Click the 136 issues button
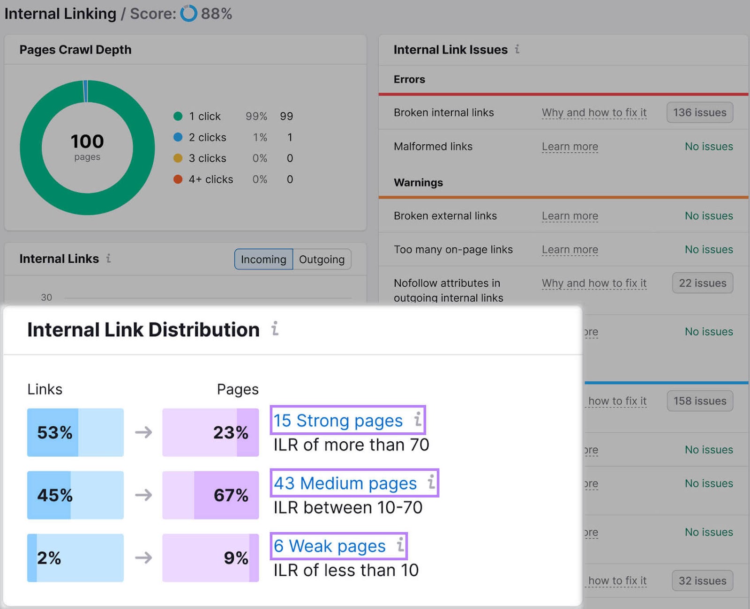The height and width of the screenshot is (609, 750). click(699, 112)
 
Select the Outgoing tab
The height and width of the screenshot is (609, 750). click(322, 259)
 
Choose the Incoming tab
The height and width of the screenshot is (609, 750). click(263, 259)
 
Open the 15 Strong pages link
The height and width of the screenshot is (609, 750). click(338, 420)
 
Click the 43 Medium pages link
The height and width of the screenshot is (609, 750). click(345, 483)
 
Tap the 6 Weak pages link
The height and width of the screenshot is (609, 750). click(330, 546)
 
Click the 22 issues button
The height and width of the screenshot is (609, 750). click(702, 283)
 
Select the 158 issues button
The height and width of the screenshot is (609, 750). click(699, 401)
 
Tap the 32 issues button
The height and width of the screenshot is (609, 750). click(702, 580)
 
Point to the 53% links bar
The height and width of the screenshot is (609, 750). click(75, 432)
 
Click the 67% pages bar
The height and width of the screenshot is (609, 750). click(210, 495)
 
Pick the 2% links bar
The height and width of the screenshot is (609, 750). click(75, 558)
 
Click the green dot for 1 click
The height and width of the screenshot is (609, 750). click(178, 116)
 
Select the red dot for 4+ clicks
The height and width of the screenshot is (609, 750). click(178, 179)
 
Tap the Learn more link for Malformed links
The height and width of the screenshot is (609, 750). click(570, 147)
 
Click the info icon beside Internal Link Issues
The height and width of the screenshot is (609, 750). click(517, 49)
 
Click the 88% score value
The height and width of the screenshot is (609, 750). click(216, 14)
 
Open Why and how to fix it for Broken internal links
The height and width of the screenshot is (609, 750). click(594, 112)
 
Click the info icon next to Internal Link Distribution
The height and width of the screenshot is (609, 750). click(275, 329)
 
